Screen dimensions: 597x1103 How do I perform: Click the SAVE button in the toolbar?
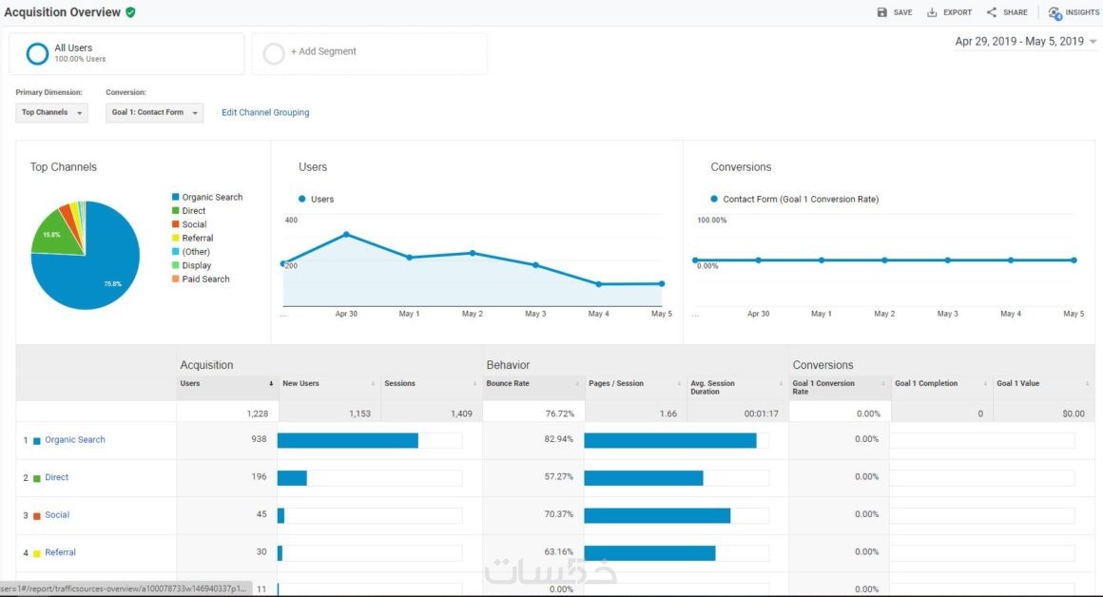tap(894, 12)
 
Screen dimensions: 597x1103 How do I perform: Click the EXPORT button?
tap(949, 12)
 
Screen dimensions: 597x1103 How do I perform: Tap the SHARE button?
tap(1007, 12)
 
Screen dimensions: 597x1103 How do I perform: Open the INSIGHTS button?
tap(1074, 12)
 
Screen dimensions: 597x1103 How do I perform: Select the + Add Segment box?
tap(369, 53)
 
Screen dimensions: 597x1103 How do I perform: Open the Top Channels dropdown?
tap(52, 112)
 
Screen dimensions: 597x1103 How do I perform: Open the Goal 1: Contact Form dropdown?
tap(154, 112)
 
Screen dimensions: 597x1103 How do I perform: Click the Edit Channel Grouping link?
tap(265, 112)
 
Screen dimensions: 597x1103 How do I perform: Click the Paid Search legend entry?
tap(205, 279)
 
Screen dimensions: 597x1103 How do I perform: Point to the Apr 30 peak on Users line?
tap(346, 234)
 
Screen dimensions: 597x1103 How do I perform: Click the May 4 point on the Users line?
tap(599, 283)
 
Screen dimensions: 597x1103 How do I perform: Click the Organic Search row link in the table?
tap(75, 440)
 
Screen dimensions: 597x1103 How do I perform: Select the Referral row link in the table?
tap(60, 552)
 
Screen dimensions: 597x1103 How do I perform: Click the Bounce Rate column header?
tap(508, 384)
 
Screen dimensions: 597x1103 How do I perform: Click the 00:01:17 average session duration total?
tap(760, 414)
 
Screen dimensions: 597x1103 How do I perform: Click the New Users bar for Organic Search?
tap(347, 440)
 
